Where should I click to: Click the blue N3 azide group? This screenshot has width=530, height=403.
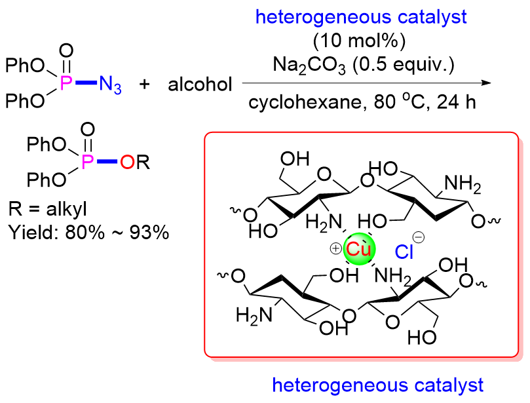(110, 85)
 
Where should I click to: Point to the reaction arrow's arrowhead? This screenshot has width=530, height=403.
(485, 84)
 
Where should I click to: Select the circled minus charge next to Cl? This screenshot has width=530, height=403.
(419, 240)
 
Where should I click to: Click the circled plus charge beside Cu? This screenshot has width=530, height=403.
(335, 248)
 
